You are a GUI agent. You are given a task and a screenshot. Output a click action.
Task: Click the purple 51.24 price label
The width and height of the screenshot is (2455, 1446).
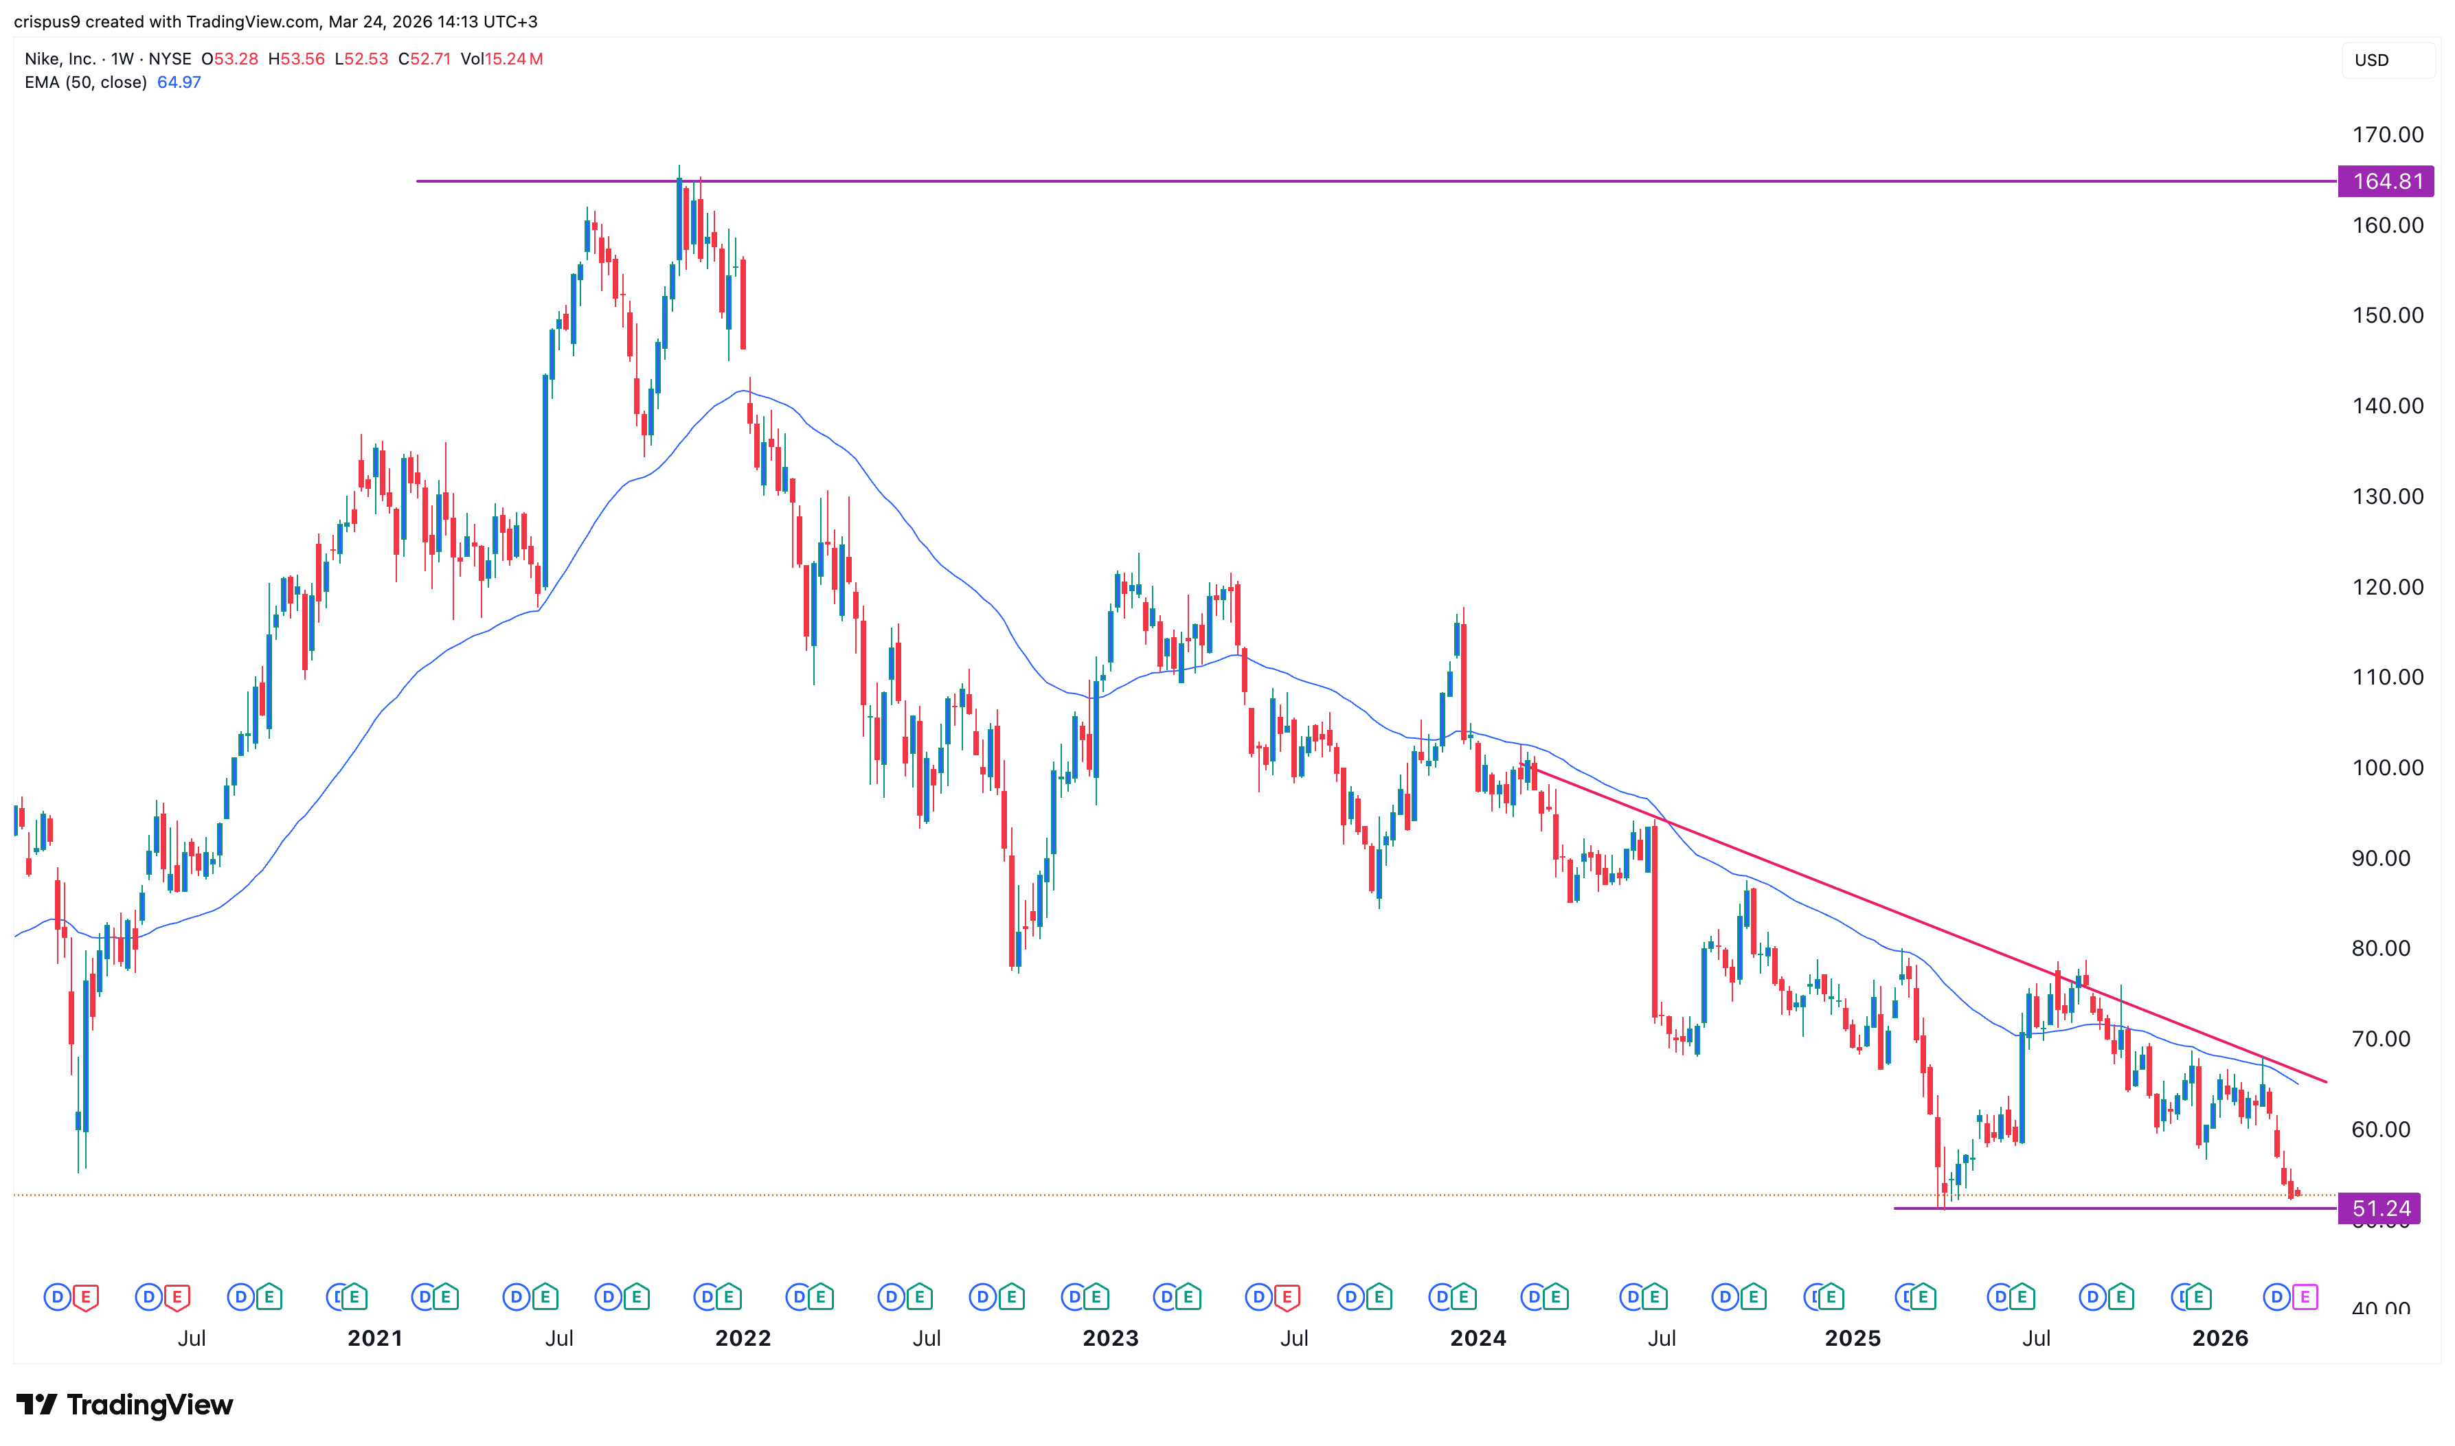[2380, 1208]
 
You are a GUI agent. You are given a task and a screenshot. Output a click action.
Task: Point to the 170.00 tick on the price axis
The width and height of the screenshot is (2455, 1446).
[2387, 135]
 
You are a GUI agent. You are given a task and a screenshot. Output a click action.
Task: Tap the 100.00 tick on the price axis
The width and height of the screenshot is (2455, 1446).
[2387, 768]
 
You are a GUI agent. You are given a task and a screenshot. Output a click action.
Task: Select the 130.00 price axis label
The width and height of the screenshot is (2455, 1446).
[2387, 496]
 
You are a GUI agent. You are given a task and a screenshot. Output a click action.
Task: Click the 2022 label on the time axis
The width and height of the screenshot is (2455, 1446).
[743, 1338]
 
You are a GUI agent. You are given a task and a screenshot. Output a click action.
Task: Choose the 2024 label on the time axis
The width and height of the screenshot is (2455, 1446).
[1478, 1338]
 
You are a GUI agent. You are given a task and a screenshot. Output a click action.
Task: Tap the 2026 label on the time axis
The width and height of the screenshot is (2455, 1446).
[2219, 1338]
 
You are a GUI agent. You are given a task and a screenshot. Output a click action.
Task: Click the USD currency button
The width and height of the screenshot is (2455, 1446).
[2371, 60]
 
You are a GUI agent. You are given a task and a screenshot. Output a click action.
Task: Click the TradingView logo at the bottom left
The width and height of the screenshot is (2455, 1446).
[125, 1404]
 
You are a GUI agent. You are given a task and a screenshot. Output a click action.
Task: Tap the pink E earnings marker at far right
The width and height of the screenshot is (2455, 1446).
[2305, 1297]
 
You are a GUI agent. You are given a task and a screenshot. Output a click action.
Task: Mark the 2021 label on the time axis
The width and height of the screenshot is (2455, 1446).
[375, 1338]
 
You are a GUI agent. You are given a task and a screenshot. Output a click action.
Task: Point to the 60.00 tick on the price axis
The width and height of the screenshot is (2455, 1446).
[2380, 1129]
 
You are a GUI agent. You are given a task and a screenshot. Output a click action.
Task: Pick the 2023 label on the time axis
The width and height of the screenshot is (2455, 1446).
[1110, 1338]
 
